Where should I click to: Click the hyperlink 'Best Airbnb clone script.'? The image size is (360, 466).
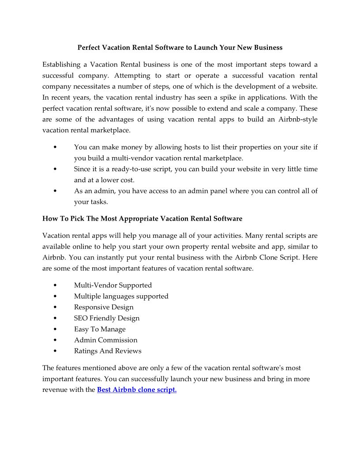[137, 390]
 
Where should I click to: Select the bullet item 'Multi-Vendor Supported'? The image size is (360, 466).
[113, 285]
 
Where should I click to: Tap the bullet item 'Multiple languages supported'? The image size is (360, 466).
[121, 296]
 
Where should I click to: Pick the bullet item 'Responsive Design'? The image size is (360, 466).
[104, 307]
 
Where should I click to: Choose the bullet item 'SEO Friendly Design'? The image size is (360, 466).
[107, 318]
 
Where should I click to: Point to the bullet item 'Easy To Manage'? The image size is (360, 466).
[100, 329]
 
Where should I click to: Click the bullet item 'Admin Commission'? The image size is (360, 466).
[105, 340]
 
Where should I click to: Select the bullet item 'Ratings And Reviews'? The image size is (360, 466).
[108, 351]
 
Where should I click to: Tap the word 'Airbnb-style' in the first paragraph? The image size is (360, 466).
[298, 120]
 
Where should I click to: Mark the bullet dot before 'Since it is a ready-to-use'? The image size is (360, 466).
[54, 169]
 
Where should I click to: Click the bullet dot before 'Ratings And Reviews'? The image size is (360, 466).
[54, 351]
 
